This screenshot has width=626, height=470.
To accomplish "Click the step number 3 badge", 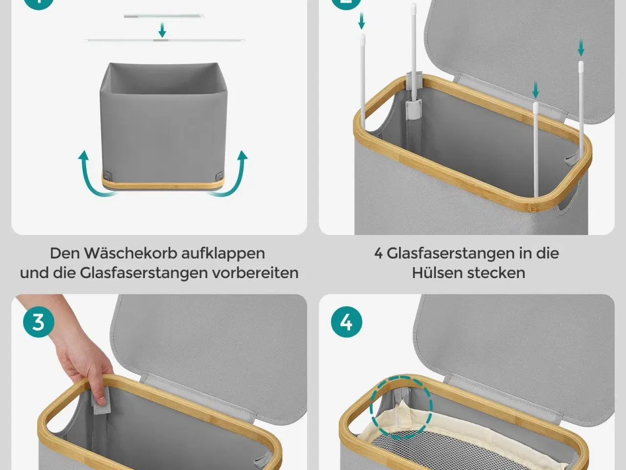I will (x=38, y=323).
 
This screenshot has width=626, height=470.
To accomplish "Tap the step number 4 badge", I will (x=346, y=323).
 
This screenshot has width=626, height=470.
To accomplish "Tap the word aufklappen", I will (x=223, y=253).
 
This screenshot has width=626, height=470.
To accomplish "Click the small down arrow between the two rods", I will (x=162, y=31).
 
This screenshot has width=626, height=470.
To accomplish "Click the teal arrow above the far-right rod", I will (x=581, y=48).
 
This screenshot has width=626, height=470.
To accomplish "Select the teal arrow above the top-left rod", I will (x=362, y=21).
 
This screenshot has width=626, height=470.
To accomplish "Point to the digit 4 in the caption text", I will (x=379, y=253).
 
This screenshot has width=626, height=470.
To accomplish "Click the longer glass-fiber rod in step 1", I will (x=165, y=40).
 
